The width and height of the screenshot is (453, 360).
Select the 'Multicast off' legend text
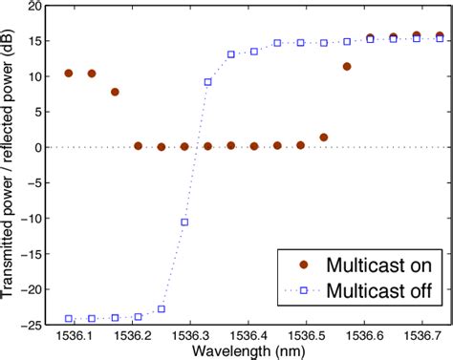pyautogui.click(x=379, y=289)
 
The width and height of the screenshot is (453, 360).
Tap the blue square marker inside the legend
pyautogui.click(x=304, y=289)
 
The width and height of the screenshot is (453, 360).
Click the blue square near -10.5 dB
pyautogui.click(x=184, y=222)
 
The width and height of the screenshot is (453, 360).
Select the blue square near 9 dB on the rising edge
pyautogui.click(x=207, y=82)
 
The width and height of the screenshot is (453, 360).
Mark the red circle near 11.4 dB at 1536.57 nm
pyautogui.click(x=347, y=66)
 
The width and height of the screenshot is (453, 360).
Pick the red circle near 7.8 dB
pyautogui.click(x=115, y=92)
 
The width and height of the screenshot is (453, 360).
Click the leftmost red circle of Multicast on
pyautogui.click(x=68, y=73)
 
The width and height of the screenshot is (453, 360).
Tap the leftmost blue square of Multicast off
pyautogui.click(x=68, y=318)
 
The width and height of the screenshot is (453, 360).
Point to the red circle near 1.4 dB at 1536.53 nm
pyautogui.click(x=324, y=137)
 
